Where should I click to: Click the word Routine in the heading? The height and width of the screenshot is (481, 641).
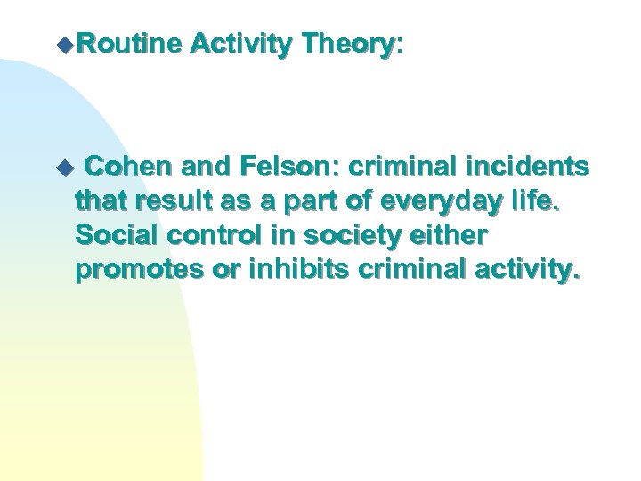click(x=138, y=42)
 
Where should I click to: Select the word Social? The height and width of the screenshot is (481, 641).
click(x=113, y=236)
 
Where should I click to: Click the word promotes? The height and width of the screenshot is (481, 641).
click(x=135, y=271)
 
